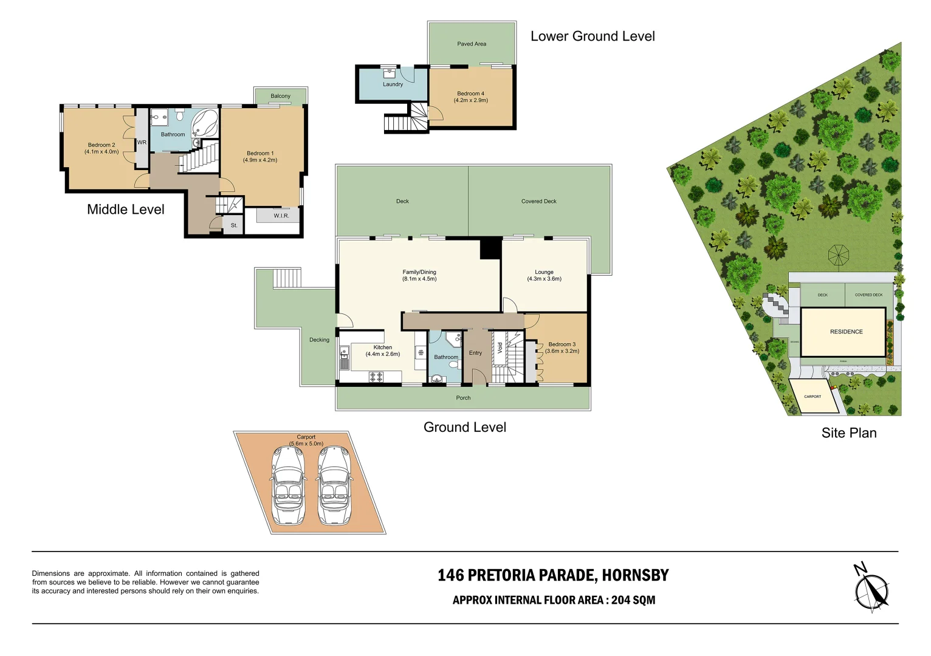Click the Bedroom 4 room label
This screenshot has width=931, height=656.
[471, 94]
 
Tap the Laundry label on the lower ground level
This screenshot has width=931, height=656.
[393, 84]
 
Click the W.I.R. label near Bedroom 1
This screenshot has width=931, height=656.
[281, 216]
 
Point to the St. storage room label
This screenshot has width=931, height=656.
[234, 225]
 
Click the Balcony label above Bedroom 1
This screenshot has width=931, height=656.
[280, 96]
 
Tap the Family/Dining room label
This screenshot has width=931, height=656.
[419, 272]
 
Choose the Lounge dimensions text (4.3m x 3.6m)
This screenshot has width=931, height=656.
[544, 279]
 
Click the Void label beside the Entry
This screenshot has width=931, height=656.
[500, 347]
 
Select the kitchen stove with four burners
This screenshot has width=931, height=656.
[376, 377]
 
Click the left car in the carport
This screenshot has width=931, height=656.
[289, 486]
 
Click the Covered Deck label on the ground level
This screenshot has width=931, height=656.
[538, 201]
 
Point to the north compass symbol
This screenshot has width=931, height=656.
[871, 589]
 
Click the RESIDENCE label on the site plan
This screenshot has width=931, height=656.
[846, 332]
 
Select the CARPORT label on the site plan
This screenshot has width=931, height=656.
[812, 397]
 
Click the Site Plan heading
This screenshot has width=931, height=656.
[848, 433]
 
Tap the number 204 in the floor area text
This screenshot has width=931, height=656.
[620, 600]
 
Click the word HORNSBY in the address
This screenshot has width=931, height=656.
[636, 575]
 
